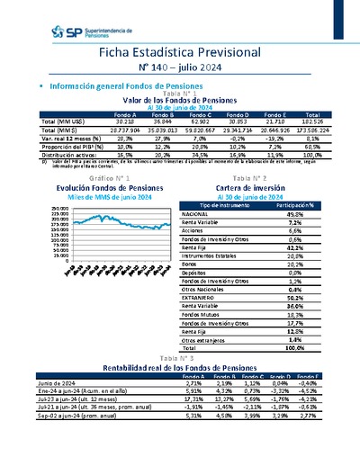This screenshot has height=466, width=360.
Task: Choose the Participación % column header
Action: coord(294,205)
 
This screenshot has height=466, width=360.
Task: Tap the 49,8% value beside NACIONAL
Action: coord(293,214)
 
